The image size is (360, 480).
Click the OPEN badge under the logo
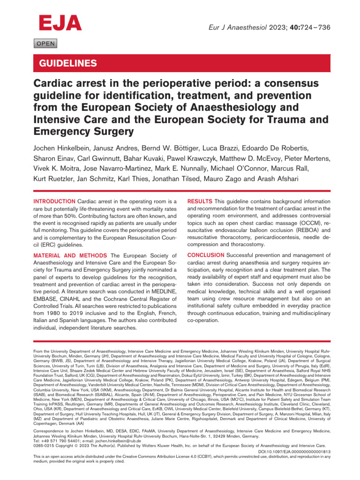point(45,44)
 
